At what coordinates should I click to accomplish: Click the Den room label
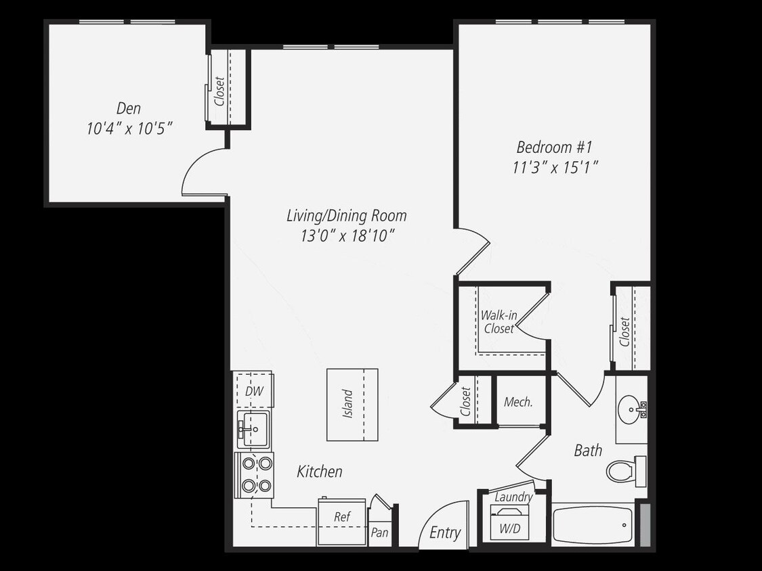click(x=129, y=108)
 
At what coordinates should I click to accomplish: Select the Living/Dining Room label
click(x=346, y=216)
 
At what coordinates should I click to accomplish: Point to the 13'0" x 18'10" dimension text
click(x=347, y=235)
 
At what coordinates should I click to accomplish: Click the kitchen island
click(x=352, y=405)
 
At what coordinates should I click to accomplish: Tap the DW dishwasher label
click(x=254, y=392)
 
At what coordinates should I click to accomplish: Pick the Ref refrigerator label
click(x=342, y=517)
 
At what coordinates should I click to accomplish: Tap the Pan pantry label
click(x=380, y=532)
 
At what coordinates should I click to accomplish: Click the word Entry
click(x=445, y=532)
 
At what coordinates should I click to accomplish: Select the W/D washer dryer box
click(x=509, y=528)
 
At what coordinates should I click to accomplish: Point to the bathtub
click(x=593, y=525)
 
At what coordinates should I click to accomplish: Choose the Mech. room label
click(x=518, y=402)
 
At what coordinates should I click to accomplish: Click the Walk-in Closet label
click(x=499, y=322)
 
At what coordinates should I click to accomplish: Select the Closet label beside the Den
click(x=219, y=91)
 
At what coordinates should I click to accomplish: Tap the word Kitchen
click(x=320, y=472)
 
